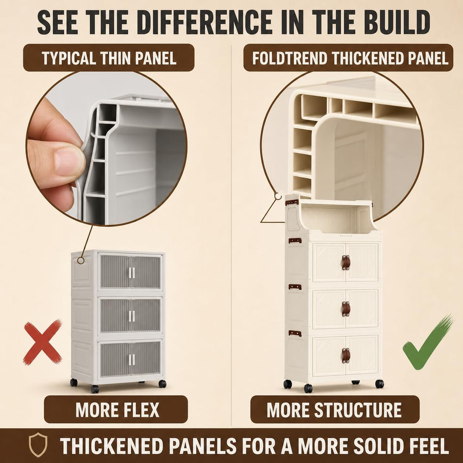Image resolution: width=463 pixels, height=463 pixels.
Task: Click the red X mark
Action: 43,343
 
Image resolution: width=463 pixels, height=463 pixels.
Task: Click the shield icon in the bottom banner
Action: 38,444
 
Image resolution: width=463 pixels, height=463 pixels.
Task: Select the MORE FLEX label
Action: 116,409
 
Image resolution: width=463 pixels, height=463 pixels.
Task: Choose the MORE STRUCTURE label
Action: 335,409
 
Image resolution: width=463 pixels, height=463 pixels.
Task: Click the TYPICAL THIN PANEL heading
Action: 109,57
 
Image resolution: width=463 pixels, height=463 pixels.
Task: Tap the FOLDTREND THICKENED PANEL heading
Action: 349,57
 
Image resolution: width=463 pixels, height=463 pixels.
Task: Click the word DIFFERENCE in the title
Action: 204,22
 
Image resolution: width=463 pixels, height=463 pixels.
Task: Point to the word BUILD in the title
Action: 397,22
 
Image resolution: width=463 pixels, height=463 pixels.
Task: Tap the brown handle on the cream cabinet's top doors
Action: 346,263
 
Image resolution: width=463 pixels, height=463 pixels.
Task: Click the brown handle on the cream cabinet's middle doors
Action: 346,309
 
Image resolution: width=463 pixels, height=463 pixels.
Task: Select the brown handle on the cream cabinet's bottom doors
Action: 346,355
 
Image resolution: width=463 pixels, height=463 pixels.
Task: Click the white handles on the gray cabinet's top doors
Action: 131,273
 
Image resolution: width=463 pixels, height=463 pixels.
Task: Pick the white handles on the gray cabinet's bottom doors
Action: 131,359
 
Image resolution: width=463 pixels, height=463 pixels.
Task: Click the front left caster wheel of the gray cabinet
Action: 95,389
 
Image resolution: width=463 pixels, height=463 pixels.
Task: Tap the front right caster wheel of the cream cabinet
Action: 380,383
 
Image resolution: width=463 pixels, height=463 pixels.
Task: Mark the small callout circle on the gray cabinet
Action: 81,261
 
